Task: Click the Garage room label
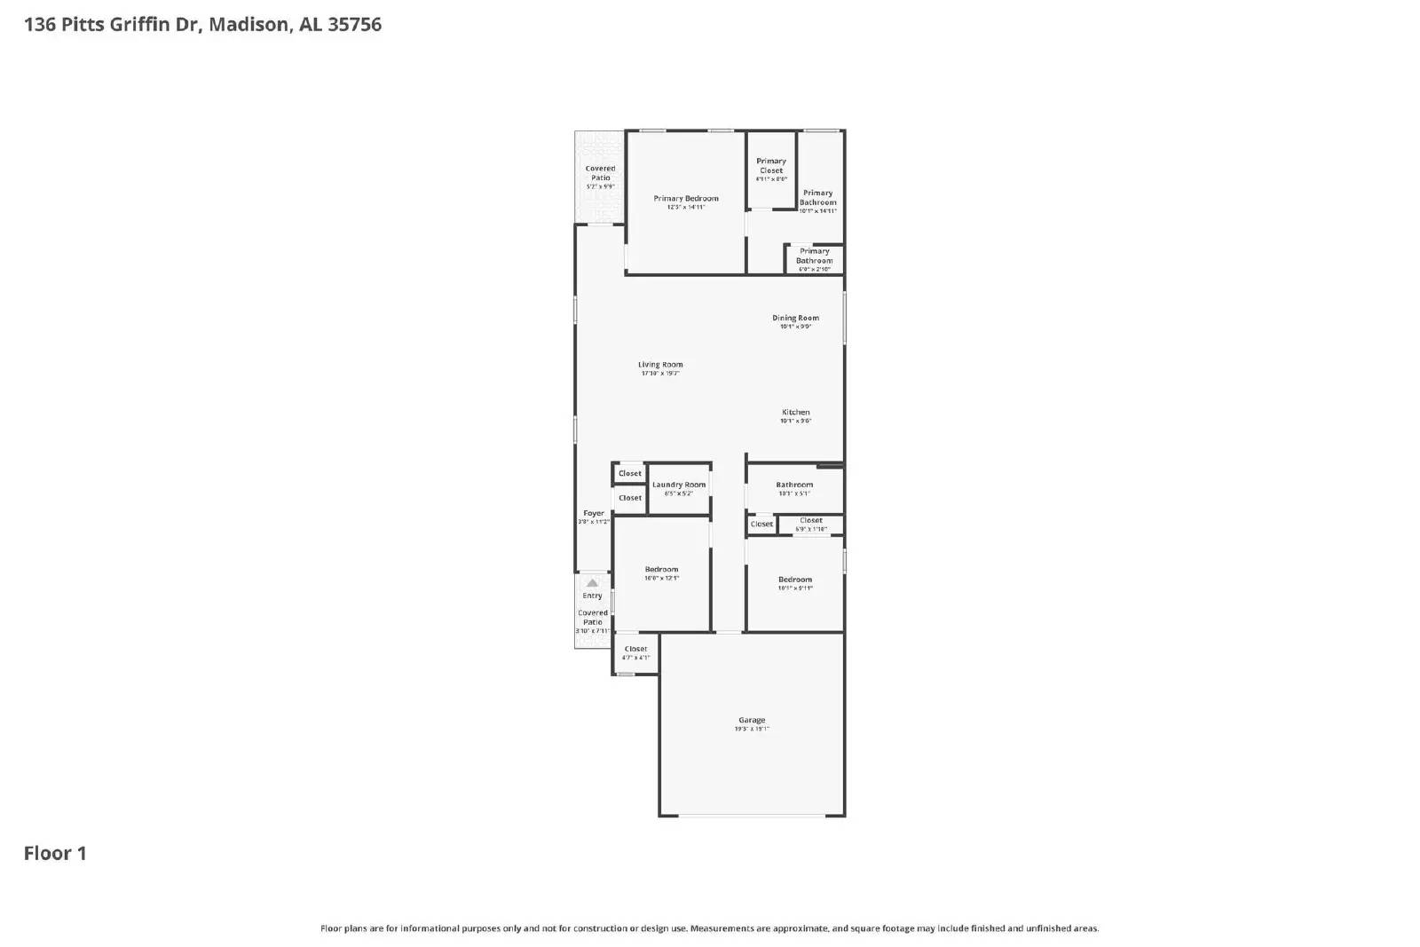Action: pyautogui.click(x=752, y=720)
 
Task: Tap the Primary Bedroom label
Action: pyautogui.click(x=686, y=198)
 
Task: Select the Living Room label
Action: pyautogui.click(x=660, y=364)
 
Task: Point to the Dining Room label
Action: pyautogui.click(x=795, y=317)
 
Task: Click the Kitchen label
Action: pyautogui.click(x=795, y=412)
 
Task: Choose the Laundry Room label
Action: pyautogui.click(x=679, y=485)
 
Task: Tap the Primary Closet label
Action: pyautogui.click(x=771, y=166)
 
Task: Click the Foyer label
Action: pyautogui.click(x=594, y=513)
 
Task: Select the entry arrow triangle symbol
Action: pyautogui.click(x=592, y=583)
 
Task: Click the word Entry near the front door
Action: pyautogui.click(x=592, y=596)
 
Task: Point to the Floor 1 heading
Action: pyautogui.click(x=55, y=853)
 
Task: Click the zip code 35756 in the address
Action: pyautogui.click(x=355, y=24)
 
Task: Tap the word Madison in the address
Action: pyautogui.click(x=248, y=24)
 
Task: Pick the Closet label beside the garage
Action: pyautogui.click(x=635, y=649)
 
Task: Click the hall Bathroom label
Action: pyautogui.click(x=794, y=485)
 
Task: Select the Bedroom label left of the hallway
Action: pyautogui.click(x=661, y=569)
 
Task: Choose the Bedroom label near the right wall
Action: pyautogui.click(x=795, y=579)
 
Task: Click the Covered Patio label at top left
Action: pyautogui.click(x=600, y=173)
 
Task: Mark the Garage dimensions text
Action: pyautogui.click(x=752, y=729)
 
